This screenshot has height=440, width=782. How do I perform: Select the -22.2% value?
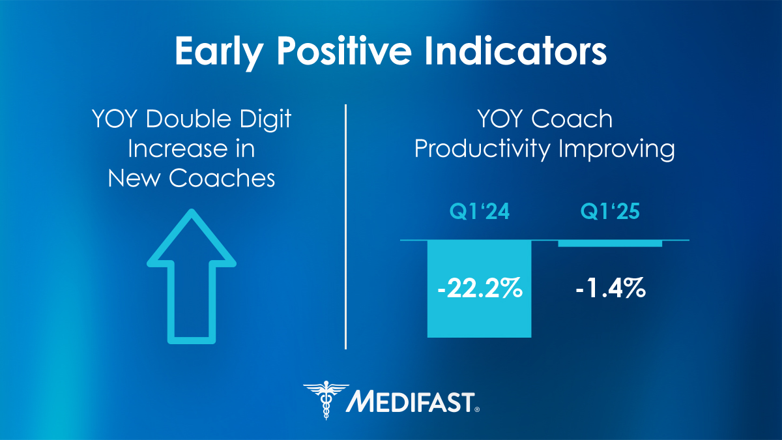[480, 288]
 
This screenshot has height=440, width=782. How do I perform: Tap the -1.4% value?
[611, 288]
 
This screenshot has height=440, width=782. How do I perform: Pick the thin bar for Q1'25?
[611, 243]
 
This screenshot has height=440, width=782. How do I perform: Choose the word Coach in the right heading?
[572, 120]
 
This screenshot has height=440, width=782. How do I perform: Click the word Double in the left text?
[186, 120]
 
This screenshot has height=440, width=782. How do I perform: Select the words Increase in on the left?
[191, 149]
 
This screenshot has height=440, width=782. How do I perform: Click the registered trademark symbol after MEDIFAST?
[477, 409]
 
